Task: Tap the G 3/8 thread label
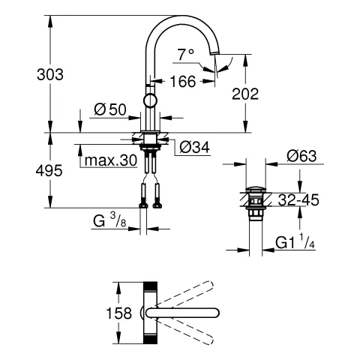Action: click(x=111, y=220)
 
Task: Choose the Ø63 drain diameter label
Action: click(x=301, y=157)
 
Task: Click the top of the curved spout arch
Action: click(x=184, y=15)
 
